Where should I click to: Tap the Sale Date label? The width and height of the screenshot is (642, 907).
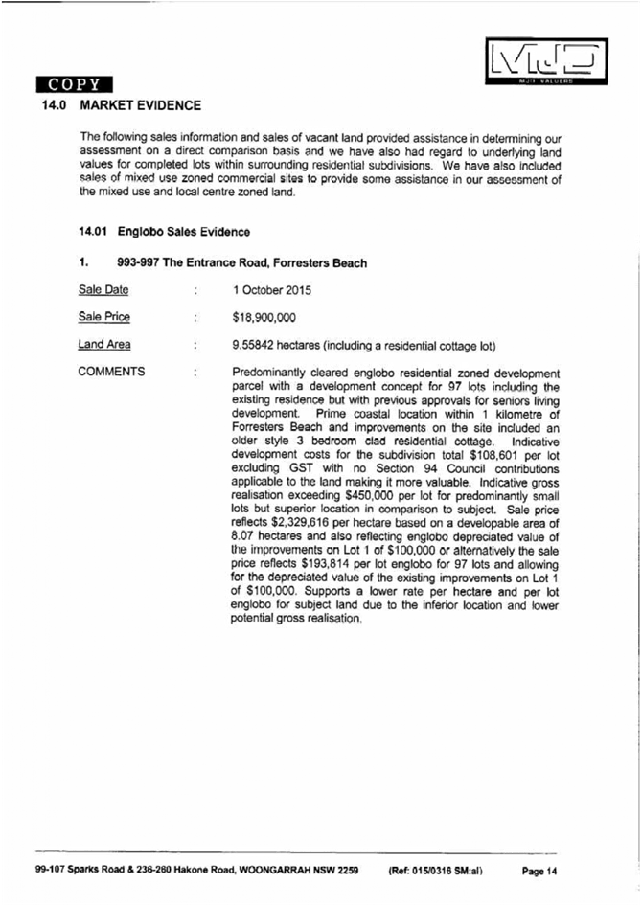coord(103,290)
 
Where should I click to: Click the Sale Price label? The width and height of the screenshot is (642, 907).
coord(103,317)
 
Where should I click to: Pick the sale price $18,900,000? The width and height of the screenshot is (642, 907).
coord(264,317)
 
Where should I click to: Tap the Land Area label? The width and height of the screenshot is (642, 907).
coord(104,344)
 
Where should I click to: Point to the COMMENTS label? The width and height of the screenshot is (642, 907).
coord(112,372)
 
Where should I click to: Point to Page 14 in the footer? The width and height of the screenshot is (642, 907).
coord(539,871)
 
